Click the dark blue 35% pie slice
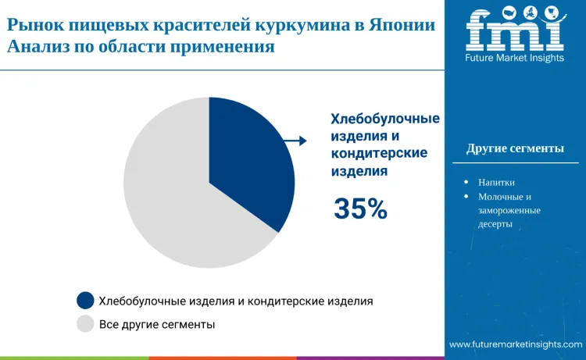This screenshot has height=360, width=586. [254, 164]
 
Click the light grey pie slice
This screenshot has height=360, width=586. [172, 203]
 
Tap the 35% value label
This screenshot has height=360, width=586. [360, 209]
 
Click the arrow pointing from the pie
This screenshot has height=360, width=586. [295, 141]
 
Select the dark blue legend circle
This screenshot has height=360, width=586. [85, 300]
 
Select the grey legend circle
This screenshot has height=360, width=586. [85, 323]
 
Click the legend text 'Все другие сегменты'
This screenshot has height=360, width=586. [157, 323]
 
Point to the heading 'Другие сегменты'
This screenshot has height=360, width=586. [515, 148]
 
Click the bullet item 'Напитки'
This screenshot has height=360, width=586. [496, 182]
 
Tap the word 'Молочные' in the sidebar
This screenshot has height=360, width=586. [500, 196]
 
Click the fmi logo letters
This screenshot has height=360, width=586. [514, 30]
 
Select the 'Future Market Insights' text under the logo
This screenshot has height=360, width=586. [515, 58]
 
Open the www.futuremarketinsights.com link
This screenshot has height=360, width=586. [516, 344]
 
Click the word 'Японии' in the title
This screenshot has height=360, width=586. [404, 24]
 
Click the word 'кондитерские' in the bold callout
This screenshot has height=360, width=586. [379, 153]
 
